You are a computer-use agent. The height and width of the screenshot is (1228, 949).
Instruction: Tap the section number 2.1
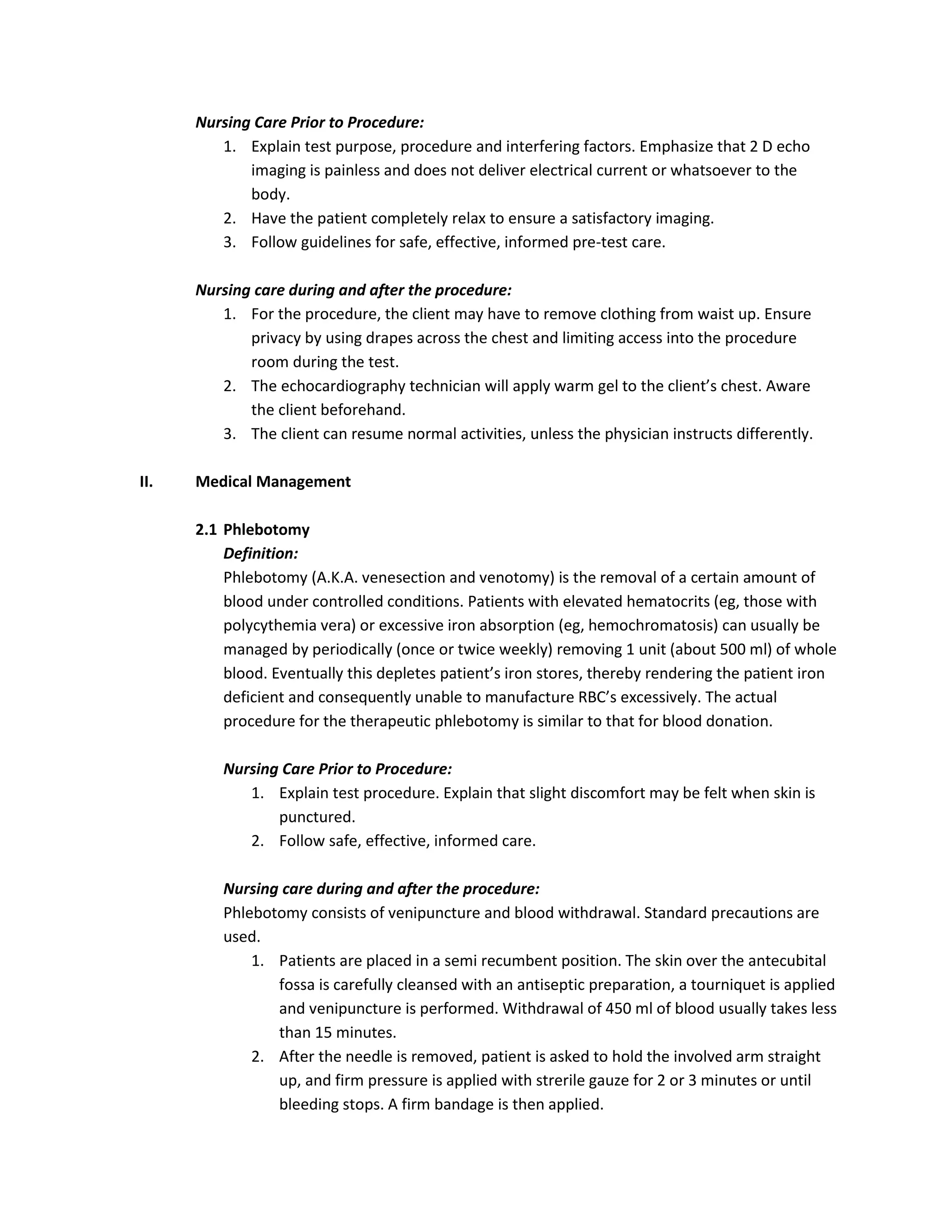pos(206,530)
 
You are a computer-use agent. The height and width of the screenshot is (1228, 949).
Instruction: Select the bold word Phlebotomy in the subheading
pos(266,530)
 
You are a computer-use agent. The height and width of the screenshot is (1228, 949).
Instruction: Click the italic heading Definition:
pos(261,554)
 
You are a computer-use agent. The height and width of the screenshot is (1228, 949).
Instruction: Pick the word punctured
pos(317,817)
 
